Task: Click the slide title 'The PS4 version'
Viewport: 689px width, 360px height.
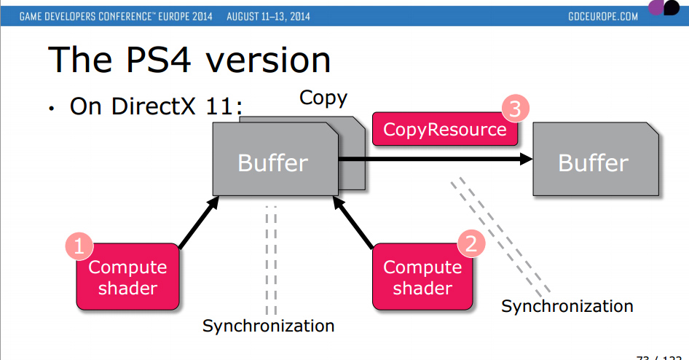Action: point(189,60)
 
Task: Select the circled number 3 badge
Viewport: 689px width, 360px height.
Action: point(514,110)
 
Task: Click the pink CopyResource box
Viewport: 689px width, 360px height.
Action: point(444,130)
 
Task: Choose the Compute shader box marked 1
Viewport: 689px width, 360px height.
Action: point(127,278)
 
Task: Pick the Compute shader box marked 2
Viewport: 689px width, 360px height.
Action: point(422,278)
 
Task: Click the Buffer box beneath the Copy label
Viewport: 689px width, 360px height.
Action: point(274,162)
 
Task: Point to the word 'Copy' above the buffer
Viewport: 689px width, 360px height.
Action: point(323,98)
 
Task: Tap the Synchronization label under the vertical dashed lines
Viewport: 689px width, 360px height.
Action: point(268,325)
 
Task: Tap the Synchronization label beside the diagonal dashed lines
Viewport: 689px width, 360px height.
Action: point(567,306)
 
